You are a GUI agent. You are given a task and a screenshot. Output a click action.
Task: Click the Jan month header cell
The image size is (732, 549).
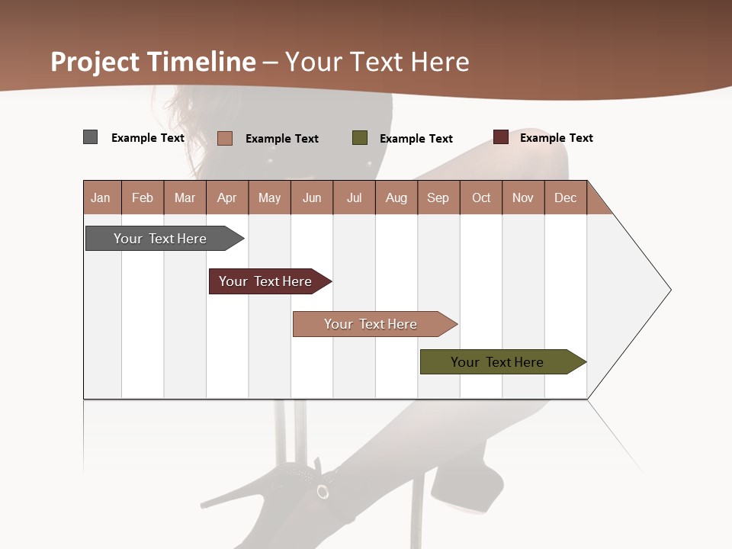101,197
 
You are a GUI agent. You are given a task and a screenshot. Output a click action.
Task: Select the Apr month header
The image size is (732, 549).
227,197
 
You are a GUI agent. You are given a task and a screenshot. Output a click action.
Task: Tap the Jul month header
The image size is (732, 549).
355,197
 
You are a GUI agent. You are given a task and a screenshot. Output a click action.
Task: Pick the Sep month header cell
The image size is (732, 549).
438,197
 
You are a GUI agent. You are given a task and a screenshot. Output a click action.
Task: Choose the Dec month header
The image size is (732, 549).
566,197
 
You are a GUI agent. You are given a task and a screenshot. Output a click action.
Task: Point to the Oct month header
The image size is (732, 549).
481,197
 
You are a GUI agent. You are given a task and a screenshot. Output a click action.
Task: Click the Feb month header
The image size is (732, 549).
143,197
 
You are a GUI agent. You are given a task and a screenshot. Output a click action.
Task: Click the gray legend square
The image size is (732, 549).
91,137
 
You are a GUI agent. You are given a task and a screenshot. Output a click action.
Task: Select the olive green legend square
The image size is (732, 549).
360,138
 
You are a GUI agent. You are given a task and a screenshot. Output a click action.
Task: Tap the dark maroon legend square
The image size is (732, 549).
501,137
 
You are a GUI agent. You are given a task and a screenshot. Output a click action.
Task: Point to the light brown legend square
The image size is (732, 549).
225,138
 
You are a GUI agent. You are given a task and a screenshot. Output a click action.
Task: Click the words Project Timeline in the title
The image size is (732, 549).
153,62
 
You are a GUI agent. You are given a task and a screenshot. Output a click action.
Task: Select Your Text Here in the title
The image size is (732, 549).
377,62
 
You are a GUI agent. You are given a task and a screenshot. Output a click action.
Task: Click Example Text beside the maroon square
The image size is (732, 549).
556,138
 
